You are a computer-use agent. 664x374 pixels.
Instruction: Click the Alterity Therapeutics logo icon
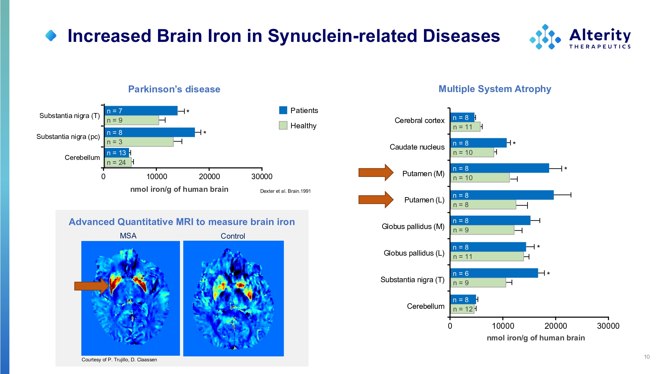(x=545, y=37)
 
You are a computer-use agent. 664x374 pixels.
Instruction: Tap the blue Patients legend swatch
(x=283, y=110)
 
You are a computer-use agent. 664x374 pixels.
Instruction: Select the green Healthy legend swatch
(x=283, y=125)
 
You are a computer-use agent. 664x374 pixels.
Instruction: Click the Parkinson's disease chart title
(x=174, y=89)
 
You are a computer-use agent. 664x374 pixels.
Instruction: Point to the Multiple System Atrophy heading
(x=495, y=89)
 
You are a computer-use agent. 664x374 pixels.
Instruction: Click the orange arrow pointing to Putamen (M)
(x=375, y=173)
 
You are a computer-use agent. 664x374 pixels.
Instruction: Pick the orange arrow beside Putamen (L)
(x=375, y=199)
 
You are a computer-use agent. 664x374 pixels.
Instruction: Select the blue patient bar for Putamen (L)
(x=502, y=195)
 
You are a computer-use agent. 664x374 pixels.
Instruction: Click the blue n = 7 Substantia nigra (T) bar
(x=141, y=111)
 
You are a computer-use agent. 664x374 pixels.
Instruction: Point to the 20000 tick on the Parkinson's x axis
(x=209, y=177)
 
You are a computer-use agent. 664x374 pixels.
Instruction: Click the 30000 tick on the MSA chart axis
(x=608, y=326)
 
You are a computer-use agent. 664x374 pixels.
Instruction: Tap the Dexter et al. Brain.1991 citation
(x=285, y=191)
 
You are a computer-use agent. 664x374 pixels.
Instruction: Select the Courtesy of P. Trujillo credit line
(x=119, y=360)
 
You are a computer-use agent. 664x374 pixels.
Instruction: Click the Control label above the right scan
(x=233, y=236)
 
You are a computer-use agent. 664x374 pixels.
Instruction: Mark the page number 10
(x=646, y=357)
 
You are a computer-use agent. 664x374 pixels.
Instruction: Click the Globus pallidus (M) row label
(x=413, y=226)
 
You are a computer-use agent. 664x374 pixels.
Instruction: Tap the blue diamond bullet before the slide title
(x=51, y=36)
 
